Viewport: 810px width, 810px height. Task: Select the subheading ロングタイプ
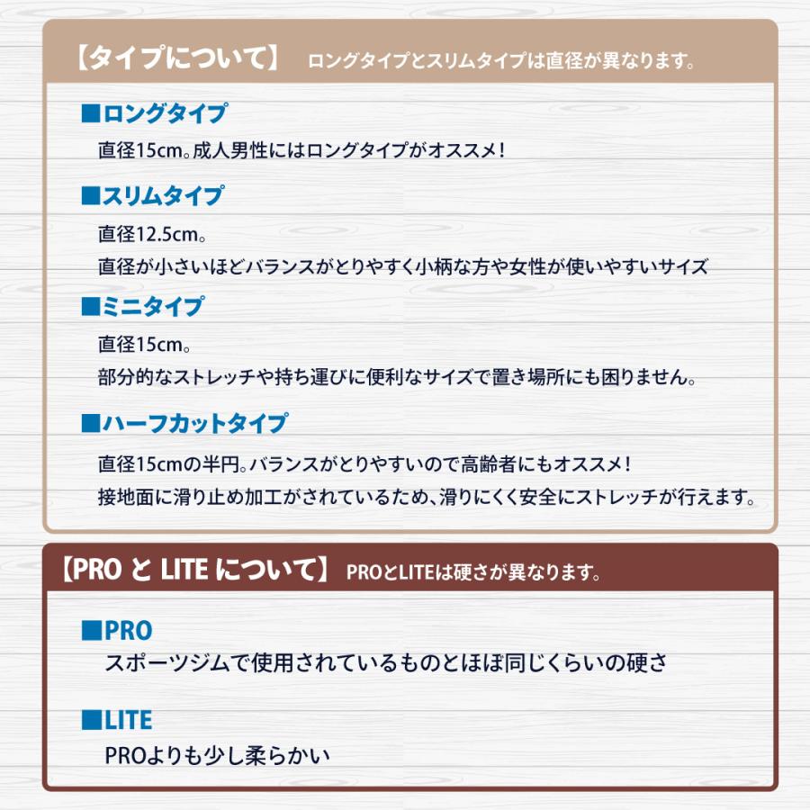165,114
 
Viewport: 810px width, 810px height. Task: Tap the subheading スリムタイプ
165,195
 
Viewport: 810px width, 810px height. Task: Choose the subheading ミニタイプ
154,306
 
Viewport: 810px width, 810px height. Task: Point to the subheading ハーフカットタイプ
195,423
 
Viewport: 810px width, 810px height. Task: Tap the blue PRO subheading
128,630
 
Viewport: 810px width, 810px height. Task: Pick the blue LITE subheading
128,720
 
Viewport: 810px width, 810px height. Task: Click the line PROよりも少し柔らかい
217,754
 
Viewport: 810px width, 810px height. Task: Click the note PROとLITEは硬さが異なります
473,572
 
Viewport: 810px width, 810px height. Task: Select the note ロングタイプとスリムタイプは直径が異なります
500,62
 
